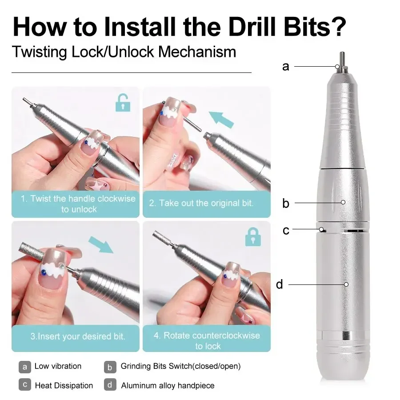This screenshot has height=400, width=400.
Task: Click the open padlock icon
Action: click(x=123, y=103)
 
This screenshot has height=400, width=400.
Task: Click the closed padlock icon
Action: click(x=253, y=237)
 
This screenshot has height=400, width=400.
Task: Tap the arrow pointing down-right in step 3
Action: click(x=100, y=244)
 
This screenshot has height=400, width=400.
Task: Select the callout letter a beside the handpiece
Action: click(x=285, y=67)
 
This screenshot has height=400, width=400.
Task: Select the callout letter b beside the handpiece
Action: click(x=285, y=204)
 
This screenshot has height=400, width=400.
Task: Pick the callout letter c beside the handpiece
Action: click(x=286, y=230)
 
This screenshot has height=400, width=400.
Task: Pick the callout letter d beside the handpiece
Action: click(x=280, y=284)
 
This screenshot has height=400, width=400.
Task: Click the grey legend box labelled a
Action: click(x=25, y=367)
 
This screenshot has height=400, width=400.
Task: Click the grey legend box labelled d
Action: click(x=110, y=385)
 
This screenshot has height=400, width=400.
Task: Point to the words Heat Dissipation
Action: click(x=64, y=385)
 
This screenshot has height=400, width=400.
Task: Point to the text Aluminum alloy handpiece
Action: click(x=168, y=385)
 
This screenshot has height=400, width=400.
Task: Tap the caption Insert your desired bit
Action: click(x=78, y=336)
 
